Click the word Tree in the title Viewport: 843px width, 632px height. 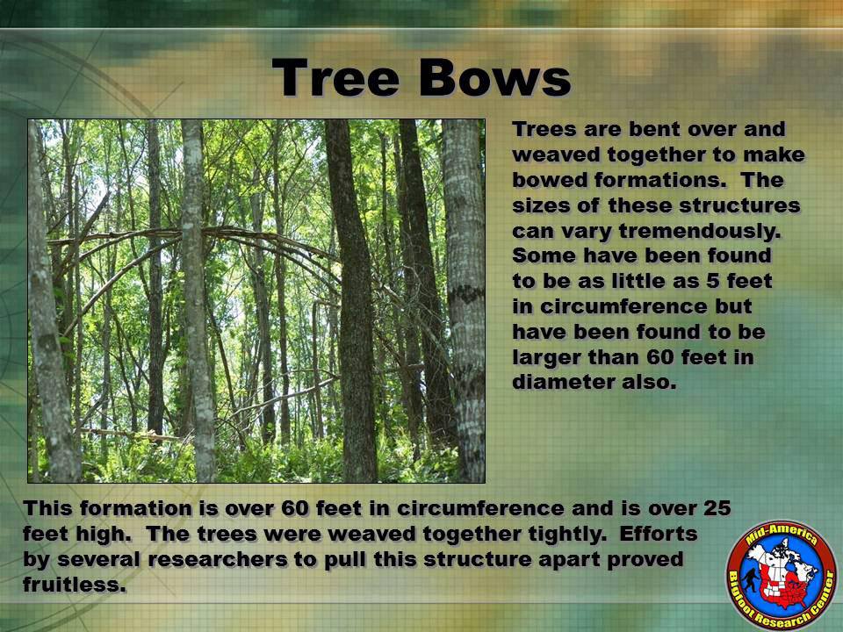coord(336,77)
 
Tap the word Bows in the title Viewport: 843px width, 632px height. coord(494,77)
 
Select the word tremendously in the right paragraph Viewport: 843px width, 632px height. coord(700,232)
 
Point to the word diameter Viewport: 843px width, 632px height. coord(564,382)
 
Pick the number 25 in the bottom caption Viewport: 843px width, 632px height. coord(717,508)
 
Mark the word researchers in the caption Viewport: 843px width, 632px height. coord(218,559)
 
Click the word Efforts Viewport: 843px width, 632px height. coord(659,534)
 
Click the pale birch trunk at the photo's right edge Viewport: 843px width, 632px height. coord(465,301)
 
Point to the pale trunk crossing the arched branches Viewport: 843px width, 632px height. coord(197,301)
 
